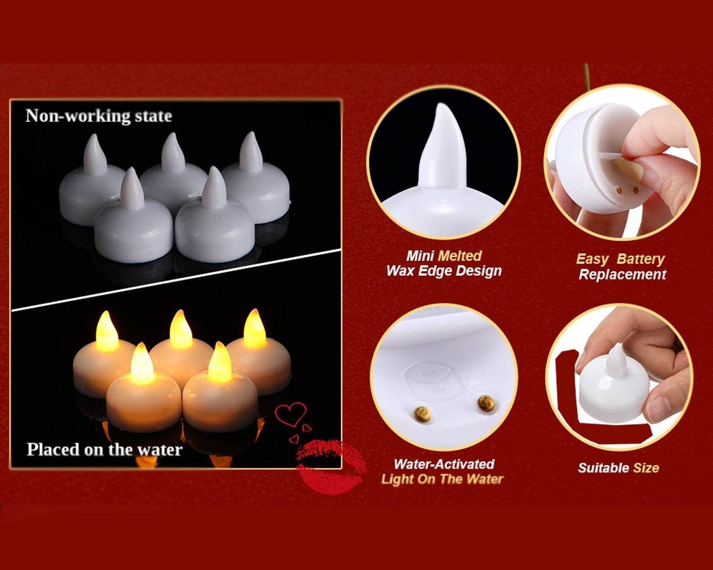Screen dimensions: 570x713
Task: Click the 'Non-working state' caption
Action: [98, 116]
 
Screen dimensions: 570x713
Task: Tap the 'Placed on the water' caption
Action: [104, 449]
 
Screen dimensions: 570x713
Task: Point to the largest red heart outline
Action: [290, 414]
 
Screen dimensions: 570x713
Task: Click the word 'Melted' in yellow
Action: [459, 256]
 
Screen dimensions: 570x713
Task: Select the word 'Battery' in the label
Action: [640, 259]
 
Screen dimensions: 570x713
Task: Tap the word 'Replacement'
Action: [622, 274]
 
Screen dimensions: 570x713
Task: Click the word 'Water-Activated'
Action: [443, 464]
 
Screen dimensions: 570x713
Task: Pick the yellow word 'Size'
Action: [646, 468]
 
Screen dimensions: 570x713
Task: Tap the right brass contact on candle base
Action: [485, 403]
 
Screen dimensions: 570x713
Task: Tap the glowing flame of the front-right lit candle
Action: [220, 363]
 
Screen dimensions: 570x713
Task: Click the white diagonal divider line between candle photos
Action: [175, 280]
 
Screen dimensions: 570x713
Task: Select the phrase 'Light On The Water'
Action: [442, 479]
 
